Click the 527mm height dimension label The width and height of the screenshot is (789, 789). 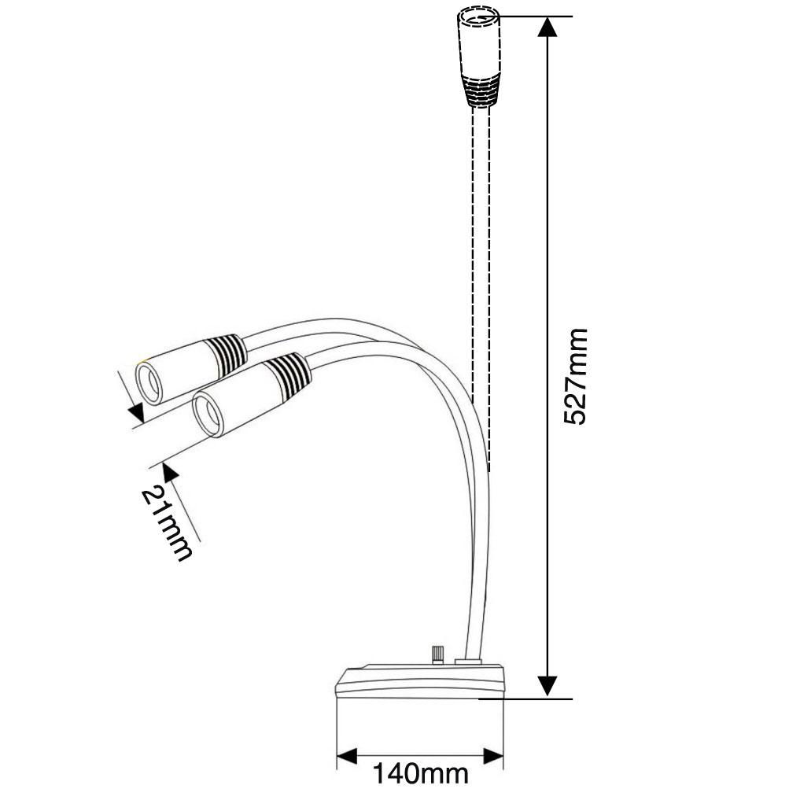[575, 377]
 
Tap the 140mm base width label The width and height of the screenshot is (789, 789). [420, 773]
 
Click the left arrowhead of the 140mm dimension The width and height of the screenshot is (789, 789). [347, 757]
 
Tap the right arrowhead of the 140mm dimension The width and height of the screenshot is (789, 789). [492, 757]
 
